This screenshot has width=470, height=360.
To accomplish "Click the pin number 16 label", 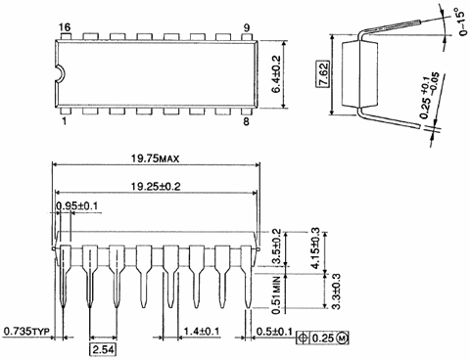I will tap(64, 25).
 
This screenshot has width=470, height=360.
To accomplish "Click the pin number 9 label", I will tap(248, 25).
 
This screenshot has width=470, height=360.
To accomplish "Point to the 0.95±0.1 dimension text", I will tap(80, 207).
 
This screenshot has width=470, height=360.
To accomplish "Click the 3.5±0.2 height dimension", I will tap(275, 244).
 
